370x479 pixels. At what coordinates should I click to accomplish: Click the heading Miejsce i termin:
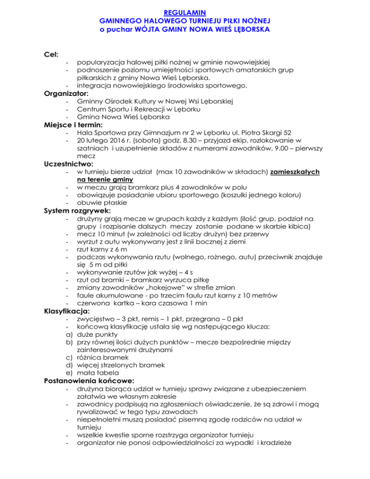click(x=75, y=125)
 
